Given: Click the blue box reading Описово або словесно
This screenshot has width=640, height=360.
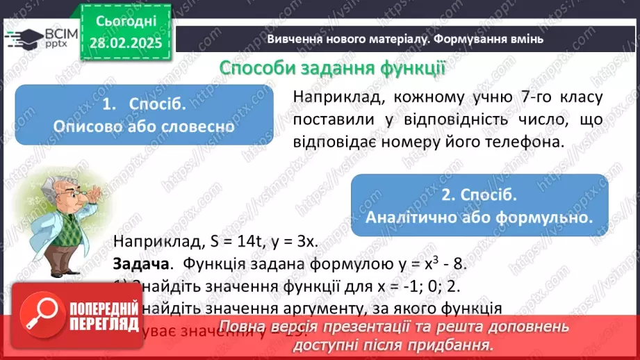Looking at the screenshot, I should click(x=144, y=115).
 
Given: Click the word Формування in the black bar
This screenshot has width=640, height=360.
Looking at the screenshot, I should click(x=469, y=39).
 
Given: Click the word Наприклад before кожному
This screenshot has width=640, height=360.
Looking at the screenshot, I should click(x=334, y=97).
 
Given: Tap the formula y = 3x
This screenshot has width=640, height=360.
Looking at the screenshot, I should click(x=293, y=242).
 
